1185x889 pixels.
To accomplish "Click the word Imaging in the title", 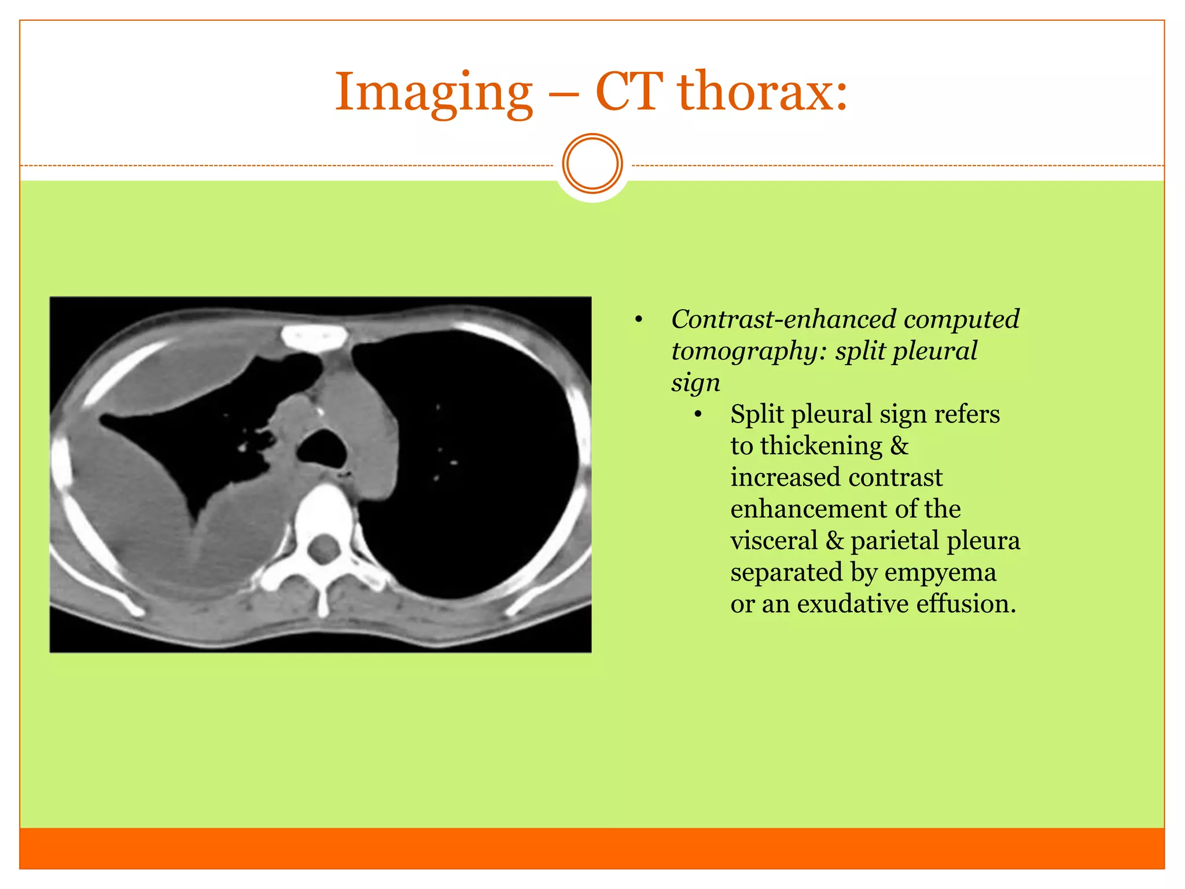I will coord(434,93).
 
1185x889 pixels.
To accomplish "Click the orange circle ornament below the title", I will coord(592,164).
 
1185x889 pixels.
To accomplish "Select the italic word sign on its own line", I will coord(695,383).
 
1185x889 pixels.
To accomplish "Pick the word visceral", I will coord(774,541).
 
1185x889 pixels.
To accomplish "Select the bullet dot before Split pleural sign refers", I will coord(698,415).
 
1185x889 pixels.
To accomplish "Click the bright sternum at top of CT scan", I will coord(314,337).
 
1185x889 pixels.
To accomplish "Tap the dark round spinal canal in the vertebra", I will coord(323,548).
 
